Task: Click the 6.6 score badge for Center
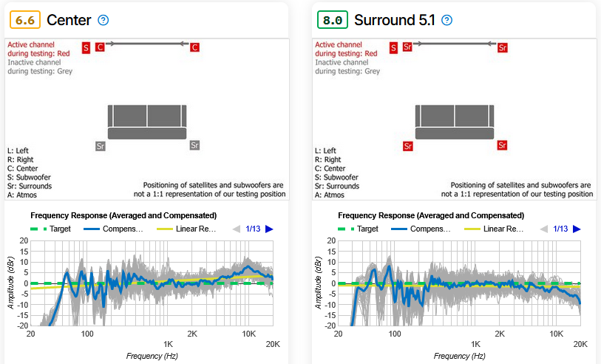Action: tap(25, 20)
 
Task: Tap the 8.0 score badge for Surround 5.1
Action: tap(332, 20)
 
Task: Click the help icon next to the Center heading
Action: tap(103, 20)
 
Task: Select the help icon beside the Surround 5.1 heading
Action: tap(446, 20)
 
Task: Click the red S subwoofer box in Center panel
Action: tap(86, 48)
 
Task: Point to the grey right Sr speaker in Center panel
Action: tap(194, 146)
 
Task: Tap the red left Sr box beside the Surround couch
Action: tap(407, 146)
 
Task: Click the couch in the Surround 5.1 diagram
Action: tap(454, 122)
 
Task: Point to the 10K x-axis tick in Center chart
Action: tap(248, 333)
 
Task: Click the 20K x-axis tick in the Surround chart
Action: tap(580, 344)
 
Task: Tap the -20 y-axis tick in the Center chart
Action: tap(24, 326)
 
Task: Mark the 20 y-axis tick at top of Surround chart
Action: tap(331, 241)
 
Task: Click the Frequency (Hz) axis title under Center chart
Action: tap(152, 356)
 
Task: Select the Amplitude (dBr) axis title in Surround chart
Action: tap(317, 283)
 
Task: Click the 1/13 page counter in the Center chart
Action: tap(253, 229)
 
